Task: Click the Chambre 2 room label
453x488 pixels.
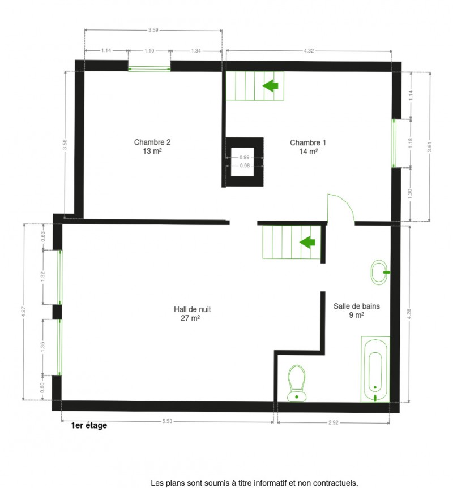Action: pyautogui.click(x=152, y=146)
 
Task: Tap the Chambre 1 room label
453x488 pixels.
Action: pyautogui.click(x=308, y=146)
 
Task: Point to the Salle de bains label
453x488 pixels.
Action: pyautogui.click(x=356, y=310)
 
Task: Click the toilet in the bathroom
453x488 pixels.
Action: pyautogui.click(x=296, y=383)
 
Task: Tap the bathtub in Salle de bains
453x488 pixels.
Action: pyautogui.click(x=375, y=369)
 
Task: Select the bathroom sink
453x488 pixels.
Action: pyautogui.click(x=379, y=272)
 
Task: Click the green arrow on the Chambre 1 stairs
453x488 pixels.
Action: pyautogui.click(x=271, y=86)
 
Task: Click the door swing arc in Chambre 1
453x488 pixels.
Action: pyautogui.click(x=341, y=208)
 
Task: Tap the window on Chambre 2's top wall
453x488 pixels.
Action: pyautogui.click(x=149, y=68)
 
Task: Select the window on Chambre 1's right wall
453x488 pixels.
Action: pyautogui.click(x=394, y=143)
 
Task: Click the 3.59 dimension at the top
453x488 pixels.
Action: pyautogui.click(x=153, y=29)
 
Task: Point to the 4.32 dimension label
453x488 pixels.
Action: pyautogui.click(x=309, y=51)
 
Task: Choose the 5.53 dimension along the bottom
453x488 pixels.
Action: pyautogui.click(x=167, y=421)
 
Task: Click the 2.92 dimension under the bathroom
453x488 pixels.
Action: pyautogui.click(x=333, y=421)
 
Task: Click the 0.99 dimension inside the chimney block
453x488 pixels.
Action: pyautogui.click(x=245, y=157)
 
